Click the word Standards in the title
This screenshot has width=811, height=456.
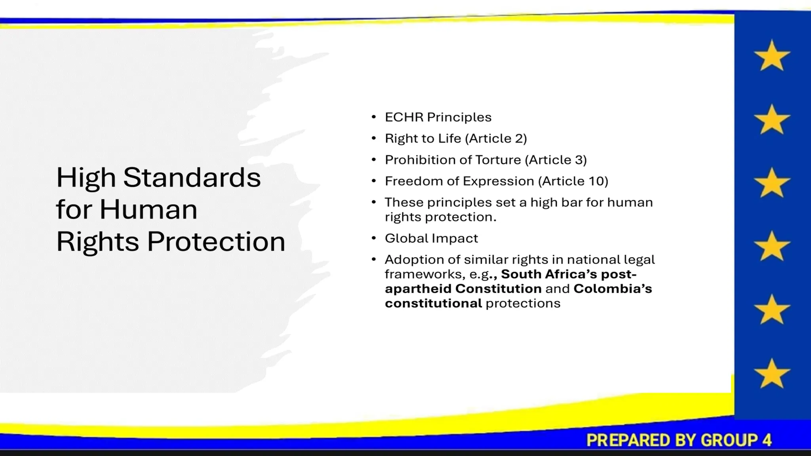coord(192,177)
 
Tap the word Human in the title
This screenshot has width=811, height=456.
coord(148,209)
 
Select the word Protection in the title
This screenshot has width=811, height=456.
coord(216,241)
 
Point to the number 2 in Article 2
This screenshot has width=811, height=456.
coord(519,139)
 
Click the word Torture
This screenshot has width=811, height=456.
coord(498,160)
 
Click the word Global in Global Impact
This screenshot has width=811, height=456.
coord(406,238)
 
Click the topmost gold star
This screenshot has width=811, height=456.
coord(772,56)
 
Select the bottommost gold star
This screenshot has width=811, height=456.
coord(772,374)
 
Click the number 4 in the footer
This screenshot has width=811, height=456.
coord(767,440)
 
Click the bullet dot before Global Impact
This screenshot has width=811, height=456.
coord(373,238)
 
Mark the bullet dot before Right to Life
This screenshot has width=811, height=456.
coord(373,138)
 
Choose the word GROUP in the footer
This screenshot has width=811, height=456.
coord(728,440)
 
